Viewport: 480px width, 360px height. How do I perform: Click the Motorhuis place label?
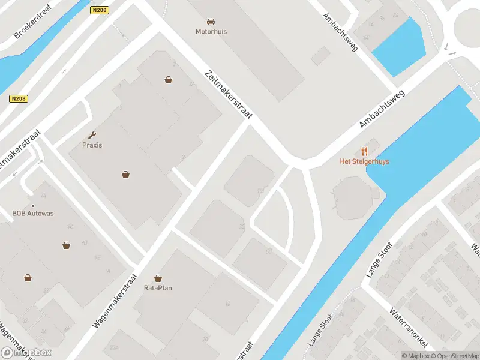pos(211,32)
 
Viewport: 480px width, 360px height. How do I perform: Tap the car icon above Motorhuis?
pos(211,22)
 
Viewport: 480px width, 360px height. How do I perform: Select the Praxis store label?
pos(92,145)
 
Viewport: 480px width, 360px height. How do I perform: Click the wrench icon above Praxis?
pos(92,135)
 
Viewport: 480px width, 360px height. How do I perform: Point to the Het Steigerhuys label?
pos(364,161)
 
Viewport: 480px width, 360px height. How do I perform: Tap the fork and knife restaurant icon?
pos(364,151)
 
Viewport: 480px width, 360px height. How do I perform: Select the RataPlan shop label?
pos(158,288)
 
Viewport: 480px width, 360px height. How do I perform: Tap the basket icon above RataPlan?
pos(158,278)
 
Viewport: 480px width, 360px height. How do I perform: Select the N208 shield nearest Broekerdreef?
pos(100,10)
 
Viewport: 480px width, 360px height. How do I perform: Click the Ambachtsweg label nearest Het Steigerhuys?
pos(382,109)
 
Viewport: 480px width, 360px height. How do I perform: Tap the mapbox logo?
pos(26,353)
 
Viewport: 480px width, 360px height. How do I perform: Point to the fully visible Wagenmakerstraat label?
pos(115,301)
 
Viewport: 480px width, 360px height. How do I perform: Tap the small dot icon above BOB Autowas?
pos(33,205)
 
